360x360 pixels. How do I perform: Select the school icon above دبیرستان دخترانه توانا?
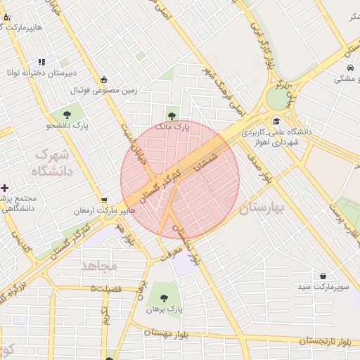[41, 62]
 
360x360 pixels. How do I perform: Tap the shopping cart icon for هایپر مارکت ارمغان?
[104, 200]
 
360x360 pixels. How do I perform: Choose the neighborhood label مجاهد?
[98, 266]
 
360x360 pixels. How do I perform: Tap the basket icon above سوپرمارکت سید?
[322, 276]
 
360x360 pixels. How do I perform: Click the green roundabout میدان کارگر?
[278, 98]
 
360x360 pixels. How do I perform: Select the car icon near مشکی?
[349, 68]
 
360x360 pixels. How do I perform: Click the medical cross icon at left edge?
[5, 188]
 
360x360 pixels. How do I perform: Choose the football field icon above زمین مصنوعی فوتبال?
[104, 79]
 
